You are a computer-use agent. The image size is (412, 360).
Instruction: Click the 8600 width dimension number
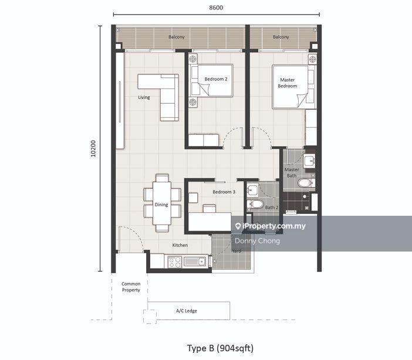pos(216,8)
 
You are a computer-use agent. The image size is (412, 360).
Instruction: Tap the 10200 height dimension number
pos(93,148)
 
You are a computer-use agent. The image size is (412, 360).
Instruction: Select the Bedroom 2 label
pos(216,79)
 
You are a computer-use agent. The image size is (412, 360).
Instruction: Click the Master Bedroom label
pos(288,83)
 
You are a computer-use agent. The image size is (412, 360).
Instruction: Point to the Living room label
pos(144,97)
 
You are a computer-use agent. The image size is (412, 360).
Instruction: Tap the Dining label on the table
pos(161,205)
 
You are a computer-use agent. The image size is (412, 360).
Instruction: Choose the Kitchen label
pos(180,245)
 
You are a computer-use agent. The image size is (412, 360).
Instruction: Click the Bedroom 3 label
pos(224,192)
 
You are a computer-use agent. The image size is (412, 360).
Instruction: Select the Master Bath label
pos(292,172)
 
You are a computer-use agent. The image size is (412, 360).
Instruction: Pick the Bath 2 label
pos(272,208)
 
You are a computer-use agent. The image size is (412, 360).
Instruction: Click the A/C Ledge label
pos(187,311)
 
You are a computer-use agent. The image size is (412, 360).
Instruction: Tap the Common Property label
pos(131,287)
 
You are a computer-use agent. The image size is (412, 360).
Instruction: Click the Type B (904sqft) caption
pos(221,348)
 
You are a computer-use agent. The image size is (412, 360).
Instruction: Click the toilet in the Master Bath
pos(306,183)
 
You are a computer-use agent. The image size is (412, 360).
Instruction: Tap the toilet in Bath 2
pos(255,204)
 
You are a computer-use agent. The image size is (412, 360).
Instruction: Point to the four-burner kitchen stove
pos(175,262)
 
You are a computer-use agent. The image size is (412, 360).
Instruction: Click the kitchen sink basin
pos(195,261)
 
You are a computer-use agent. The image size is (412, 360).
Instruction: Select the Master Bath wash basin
pos(309,161)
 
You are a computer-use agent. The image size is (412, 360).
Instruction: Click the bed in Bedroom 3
pos(210,222)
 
